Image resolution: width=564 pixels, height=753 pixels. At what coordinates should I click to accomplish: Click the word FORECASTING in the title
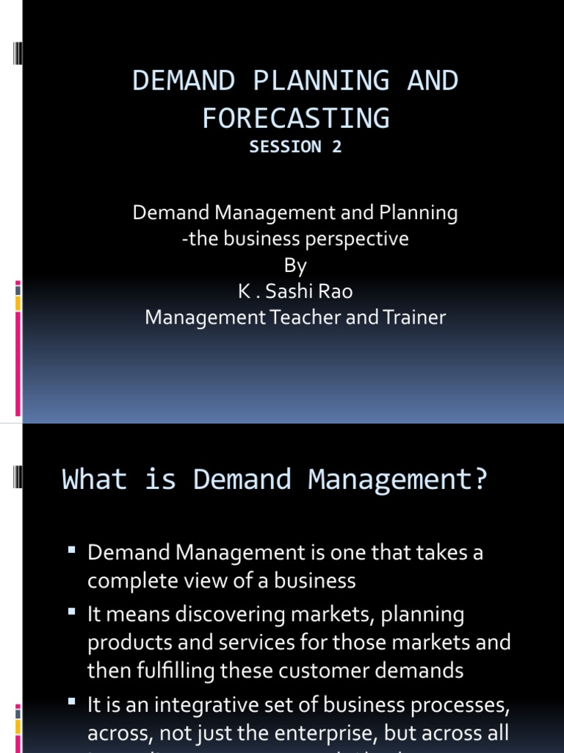(295, 118)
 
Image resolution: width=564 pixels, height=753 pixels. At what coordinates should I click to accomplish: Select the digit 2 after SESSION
(336, 146)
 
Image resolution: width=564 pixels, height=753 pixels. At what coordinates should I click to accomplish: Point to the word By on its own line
(295, 265)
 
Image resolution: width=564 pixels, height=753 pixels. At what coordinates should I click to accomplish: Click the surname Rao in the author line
(335, 292)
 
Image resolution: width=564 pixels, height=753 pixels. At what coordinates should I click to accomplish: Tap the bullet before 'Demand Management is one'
(72, 550)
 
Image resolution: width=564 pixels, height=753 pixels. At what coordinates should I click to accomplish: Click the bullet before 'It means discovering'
(72, 611)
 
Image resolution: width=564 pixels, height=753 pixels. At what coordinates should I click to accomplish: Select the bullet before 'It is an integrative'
(72, 703)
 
